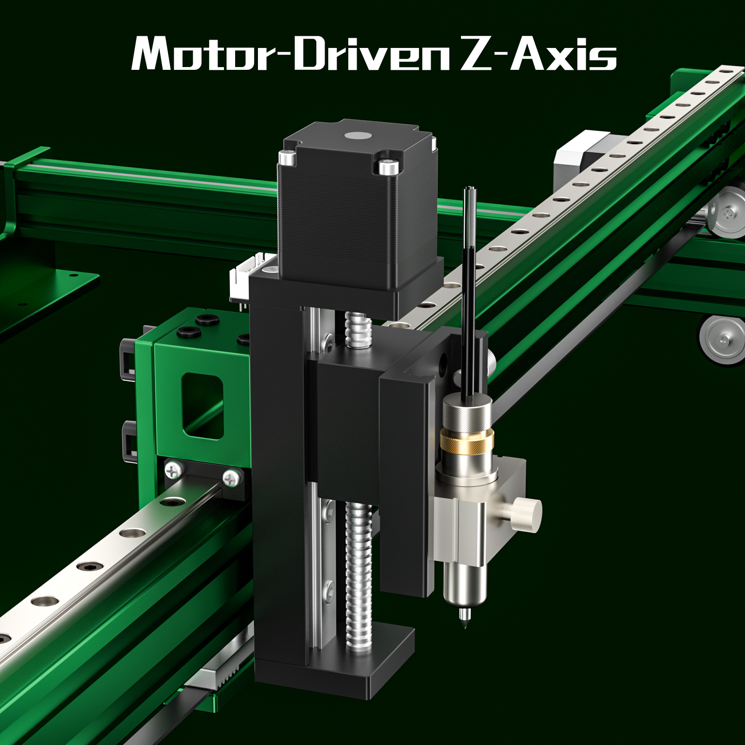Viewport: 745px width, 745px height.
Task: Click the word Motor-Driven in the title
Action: click(289, 54)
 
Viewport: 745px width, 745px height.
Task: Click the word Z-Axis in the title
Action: click(538, 54)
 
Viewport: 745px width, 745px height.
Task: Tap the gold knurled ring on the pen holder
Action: click(467, 441)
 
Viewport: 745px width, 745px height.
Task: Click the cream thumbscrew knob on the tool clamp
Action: click(528, 514)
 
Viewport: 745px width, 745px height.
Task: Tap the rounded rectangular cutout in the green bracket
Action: click(203, 405)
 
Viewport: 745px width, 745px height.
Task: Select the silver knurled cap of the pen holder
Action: click(467, 412)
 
